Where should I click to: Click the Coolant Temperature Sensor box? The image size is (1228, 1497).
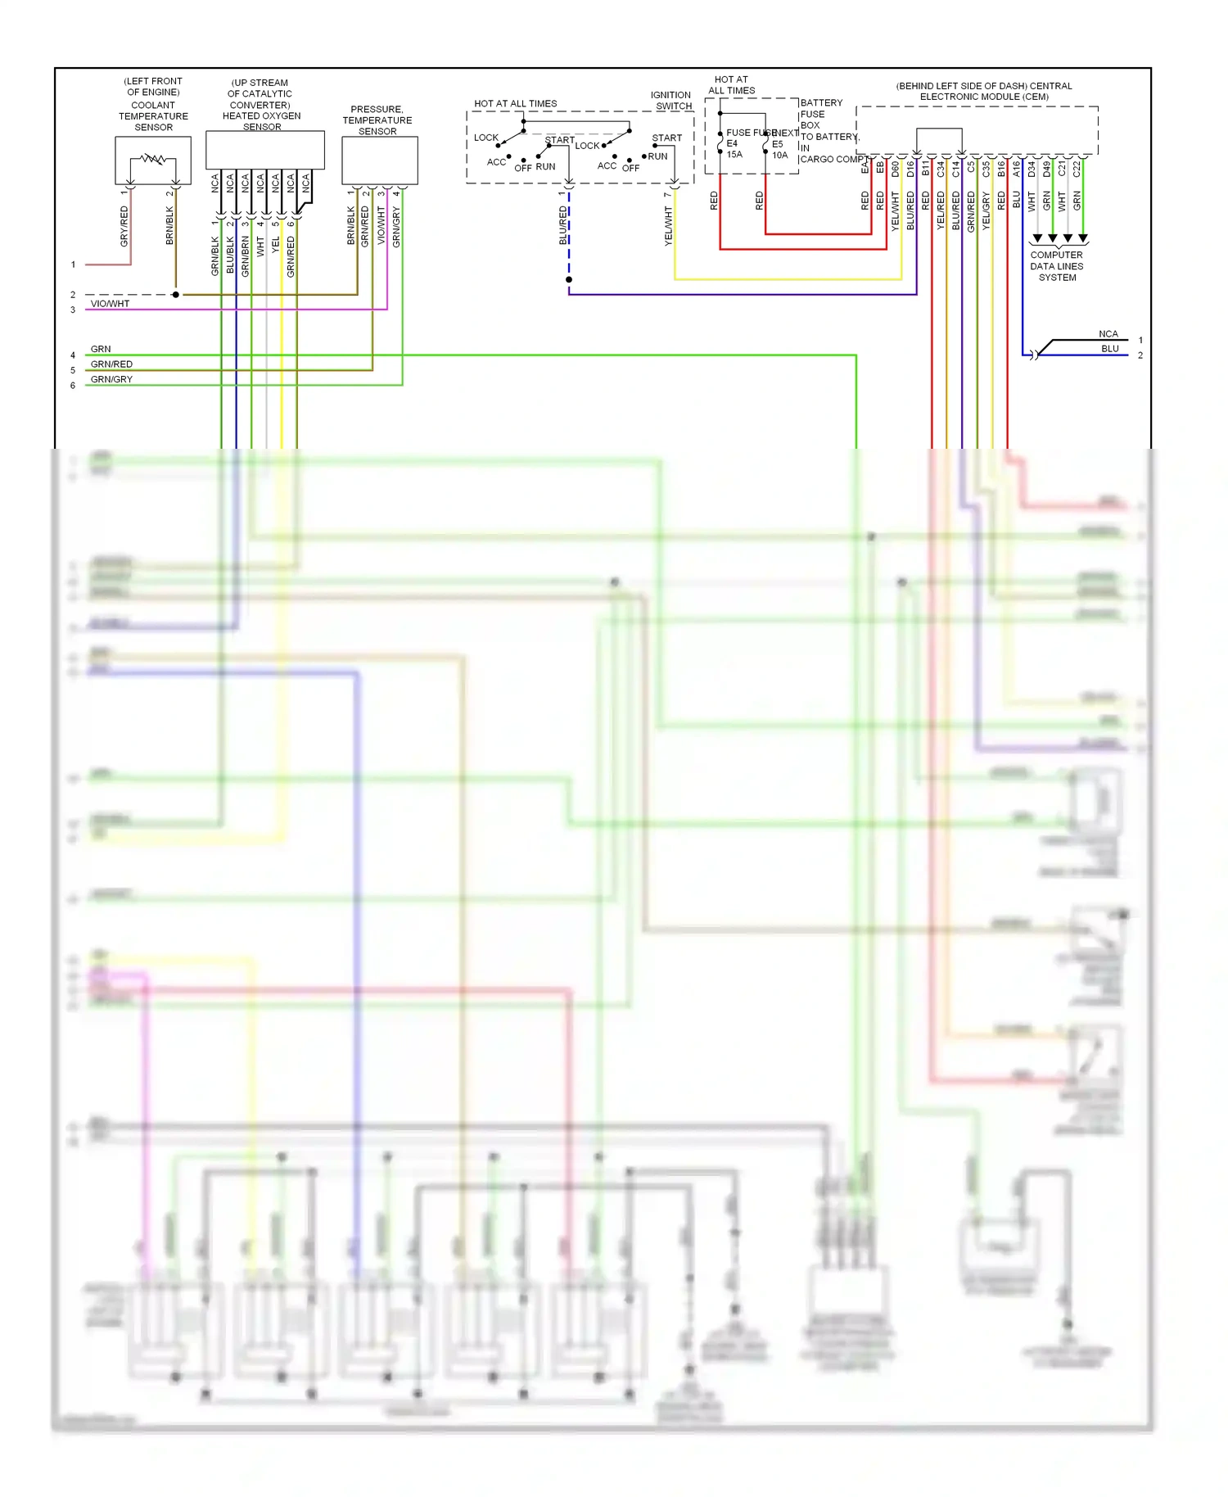[153, 161]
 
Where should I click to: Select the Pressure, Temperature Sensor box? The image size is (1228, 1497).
[379, 161]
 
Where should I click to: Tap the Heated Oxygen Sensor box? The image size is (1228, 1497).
[264, 150]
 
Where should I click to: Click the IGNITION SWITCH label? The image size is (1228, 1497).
[671, 101]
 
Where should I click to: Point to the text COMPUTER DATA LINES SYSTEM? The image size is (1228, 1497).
[1056, 266]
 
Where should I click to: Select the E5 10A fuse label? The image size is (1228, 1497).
[779, 149]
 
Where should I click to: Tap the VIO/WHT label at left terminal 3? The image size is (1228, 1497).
[110, 304]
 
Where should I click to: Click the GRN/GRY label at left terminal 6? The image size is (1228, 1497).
[111, 379]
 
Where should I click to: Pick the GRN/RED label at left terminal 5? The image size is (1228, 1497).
[111, 364]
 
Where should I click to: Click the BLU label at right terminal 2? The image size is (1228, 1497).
[1109, 349]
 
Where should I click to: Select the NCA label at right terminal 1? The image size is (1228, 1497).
[1108, 334]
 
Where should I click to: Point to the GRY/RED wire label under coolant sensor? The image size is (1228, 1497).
[124, 226]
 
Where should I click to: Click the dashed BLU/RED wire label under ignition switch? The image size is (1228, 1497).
[562, 225]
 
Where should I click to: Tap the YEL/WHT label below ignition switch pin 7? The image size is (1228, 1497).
[668, 225]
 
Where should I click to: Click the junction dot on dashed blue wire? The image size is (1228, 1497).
[569, 280]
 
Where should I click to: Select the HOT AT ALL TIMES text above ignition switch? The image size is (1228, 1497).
[515, 104]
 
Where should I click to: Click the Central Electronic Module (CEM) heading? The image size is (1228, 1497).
[983, 91]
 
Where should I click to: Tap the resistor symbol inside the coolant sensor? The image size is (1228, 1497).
[153, 159]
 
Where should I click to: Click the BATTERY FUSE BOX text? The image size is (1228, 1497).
[820, 114]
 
